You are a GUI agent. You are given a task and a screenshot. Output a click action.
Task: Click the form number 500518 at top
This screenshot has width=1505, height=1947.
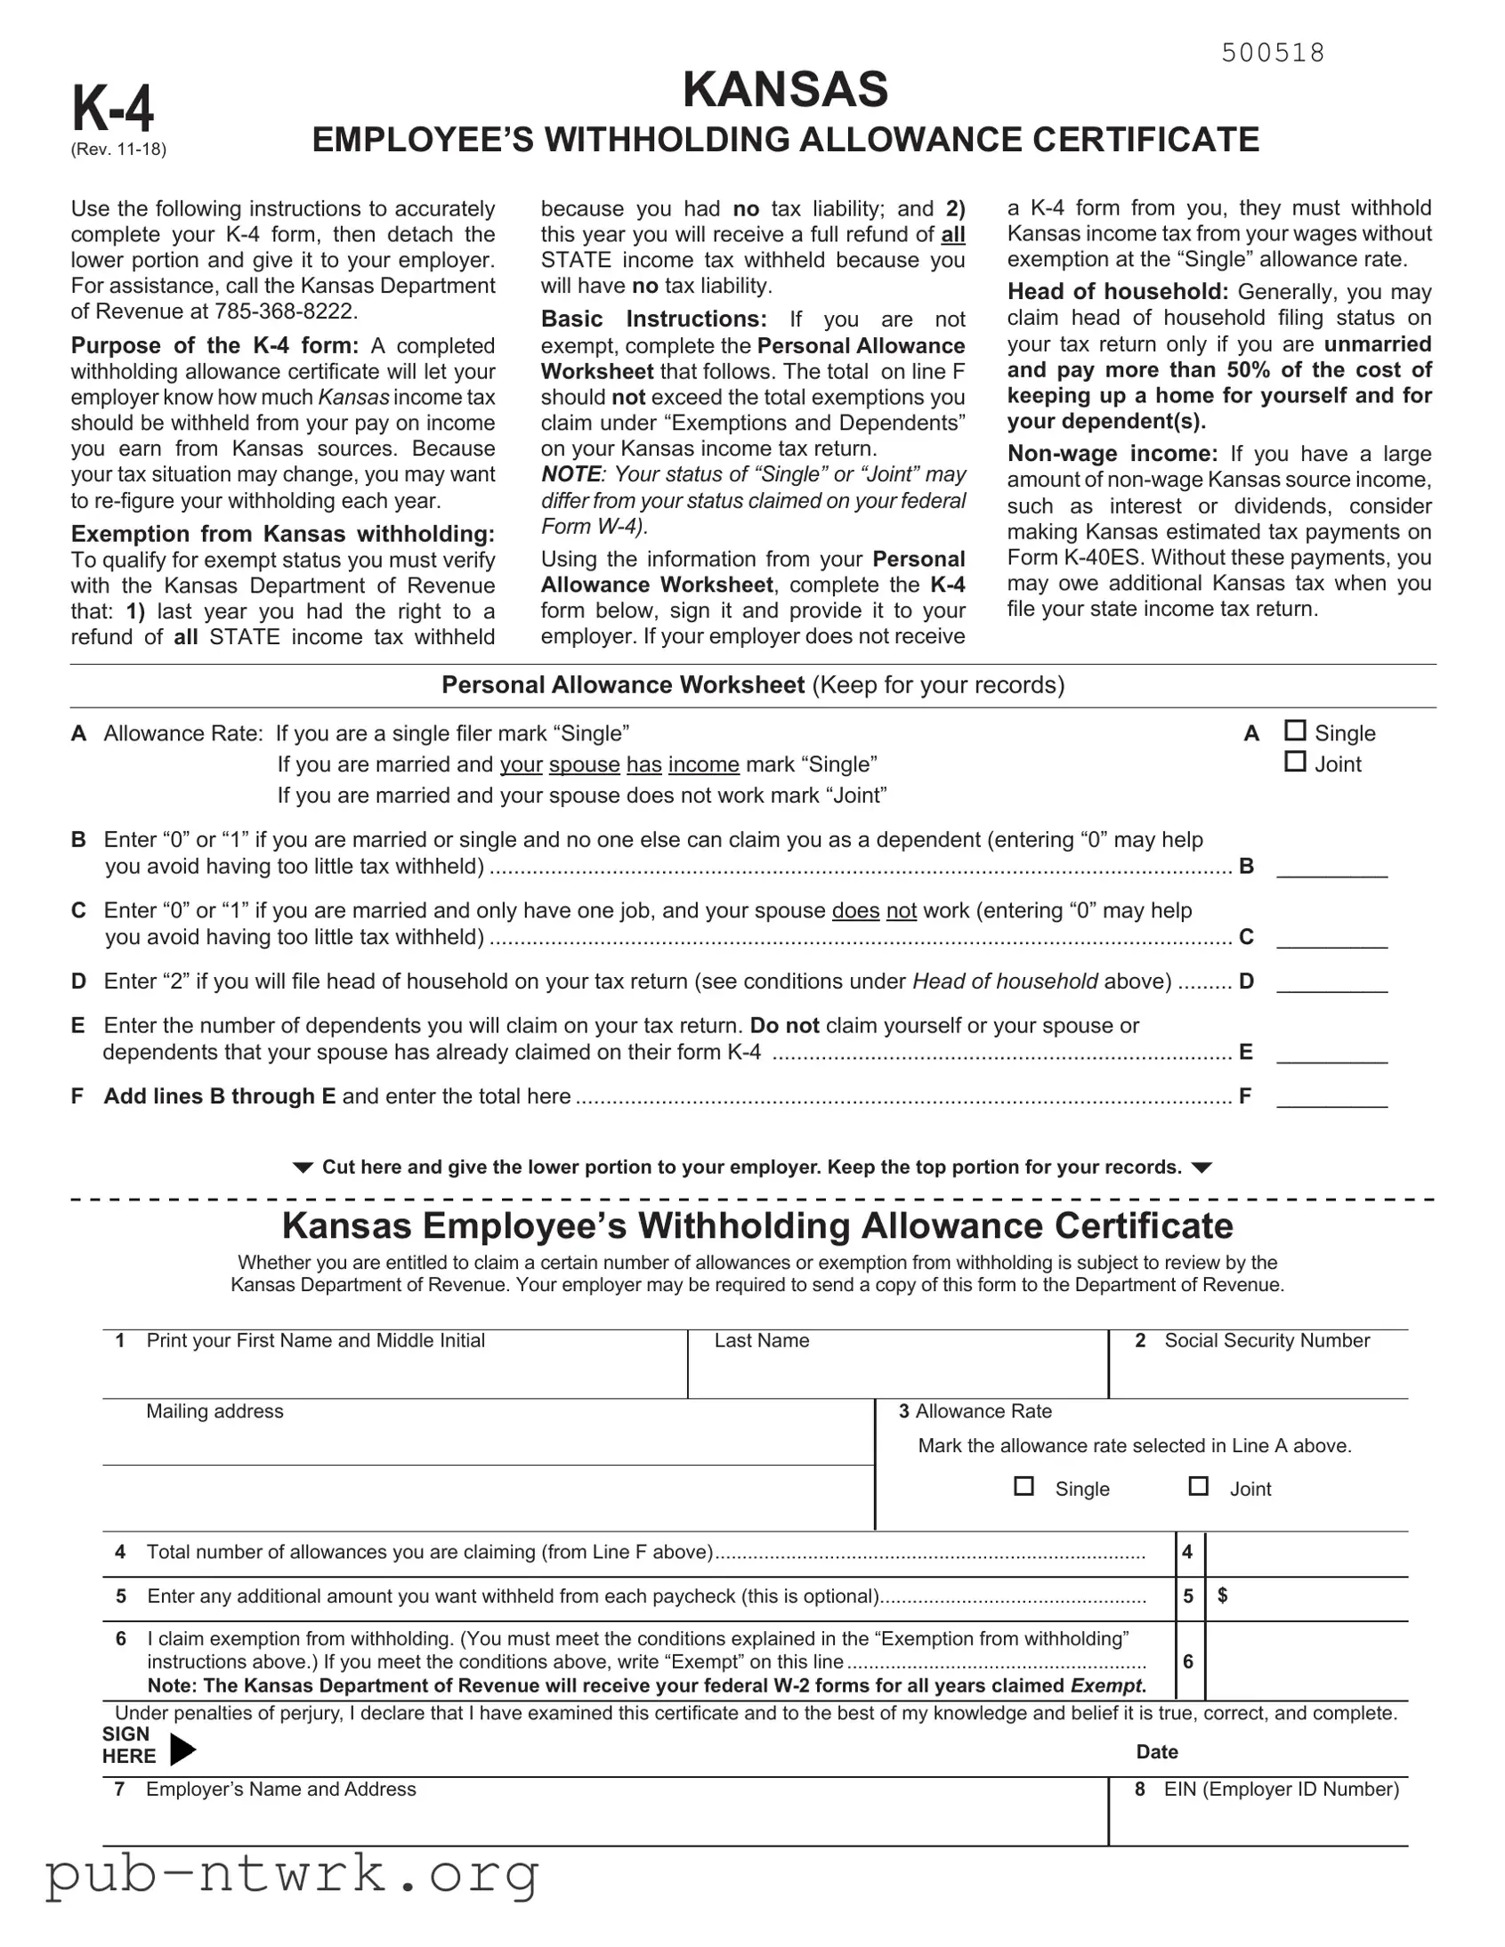(x=1273, y=53)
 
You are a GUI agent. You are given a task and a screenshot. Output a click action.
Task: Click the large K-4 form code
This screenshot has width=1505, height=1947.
(x=113, y=109)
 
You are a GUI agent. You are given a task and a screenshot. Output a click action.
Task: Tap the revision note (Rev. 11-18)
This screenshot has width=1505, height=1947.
(x=118, y=149)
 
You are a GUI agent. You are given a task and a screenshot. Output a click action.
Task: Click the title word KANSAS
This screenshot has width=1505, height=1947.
(x=785, y=89)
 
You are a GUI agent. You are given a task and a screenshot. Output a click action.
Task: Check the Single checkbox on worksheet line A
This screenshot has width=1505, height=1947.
(x=1295, y=731)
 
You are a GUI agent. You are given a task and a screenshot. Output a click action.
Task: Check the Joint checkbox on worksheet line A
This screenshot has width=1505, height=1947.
(x=1295, y=762)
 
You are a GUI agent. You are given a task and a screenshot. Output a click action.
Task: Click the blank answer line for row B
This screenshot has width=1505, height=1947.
(x=1331, y=868)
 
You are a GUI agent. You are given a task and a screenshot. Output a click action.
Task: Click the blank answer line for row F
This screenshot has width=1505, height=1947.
(x=1331, y=1096)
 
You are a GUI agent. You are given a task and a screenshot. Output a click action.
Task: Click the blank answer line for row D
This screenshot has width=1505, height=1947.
(x=1331, y=982)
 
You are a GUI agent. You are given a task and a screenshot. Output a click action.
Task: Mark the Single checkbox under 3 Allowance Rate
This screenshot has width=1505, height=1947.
(x=1024, y=1486)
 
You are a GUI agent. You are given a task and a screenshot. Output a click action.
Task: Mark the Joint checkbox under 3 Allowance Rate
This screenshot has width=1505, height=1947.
(x=1198, y=1486)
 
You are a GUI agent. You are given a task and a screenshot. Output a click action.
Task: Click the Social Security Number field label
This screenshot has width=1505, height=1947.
(x=1266, y=1341)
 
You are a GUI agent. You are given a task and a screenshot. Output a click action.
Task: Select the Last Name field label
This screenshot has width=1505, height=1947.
(x=762, y=1341)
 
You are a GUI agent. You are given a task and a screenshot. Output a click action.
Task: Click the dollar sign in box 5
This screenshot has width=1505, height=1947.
(x=1222, y=1595)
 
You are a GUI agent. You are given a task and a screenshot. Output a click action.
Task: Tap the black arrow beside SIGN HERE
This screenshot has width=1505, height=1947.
(x=182, y=1749)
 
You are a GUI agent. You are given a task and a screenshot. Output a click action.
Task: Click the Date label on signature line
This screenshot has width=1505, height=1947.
(x=1156, y=1752)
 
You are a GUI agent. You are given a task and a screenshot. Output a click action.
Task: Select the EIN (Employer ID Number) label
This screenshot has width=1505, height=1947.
(x=1281, y=1789)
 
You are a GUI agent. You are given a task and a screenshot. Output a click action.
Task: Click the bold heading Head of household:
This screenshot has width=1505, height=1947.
(x=1117, y=292)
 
